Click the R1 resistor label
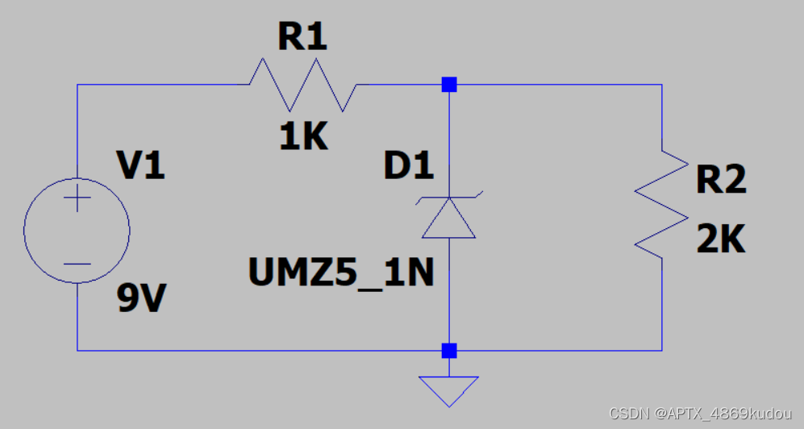point(302,37)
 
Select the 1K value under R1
point(303,139)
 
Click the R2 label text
point(721,181)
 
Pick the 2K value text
point(721,240)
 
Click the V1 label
point(141,166)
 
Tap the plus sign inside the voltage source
point(77,198)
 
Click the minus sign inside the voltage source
point(77,264)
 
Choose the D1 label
point(408,166)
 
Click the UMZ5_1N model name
point(342,274)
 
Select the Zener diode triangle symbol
point(449,219)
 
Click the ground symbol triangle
point(449,389)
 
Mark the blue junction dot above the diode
point(449,84)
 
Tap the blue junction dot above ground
point(449,350)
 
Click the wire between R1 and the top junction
point(399,84)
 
